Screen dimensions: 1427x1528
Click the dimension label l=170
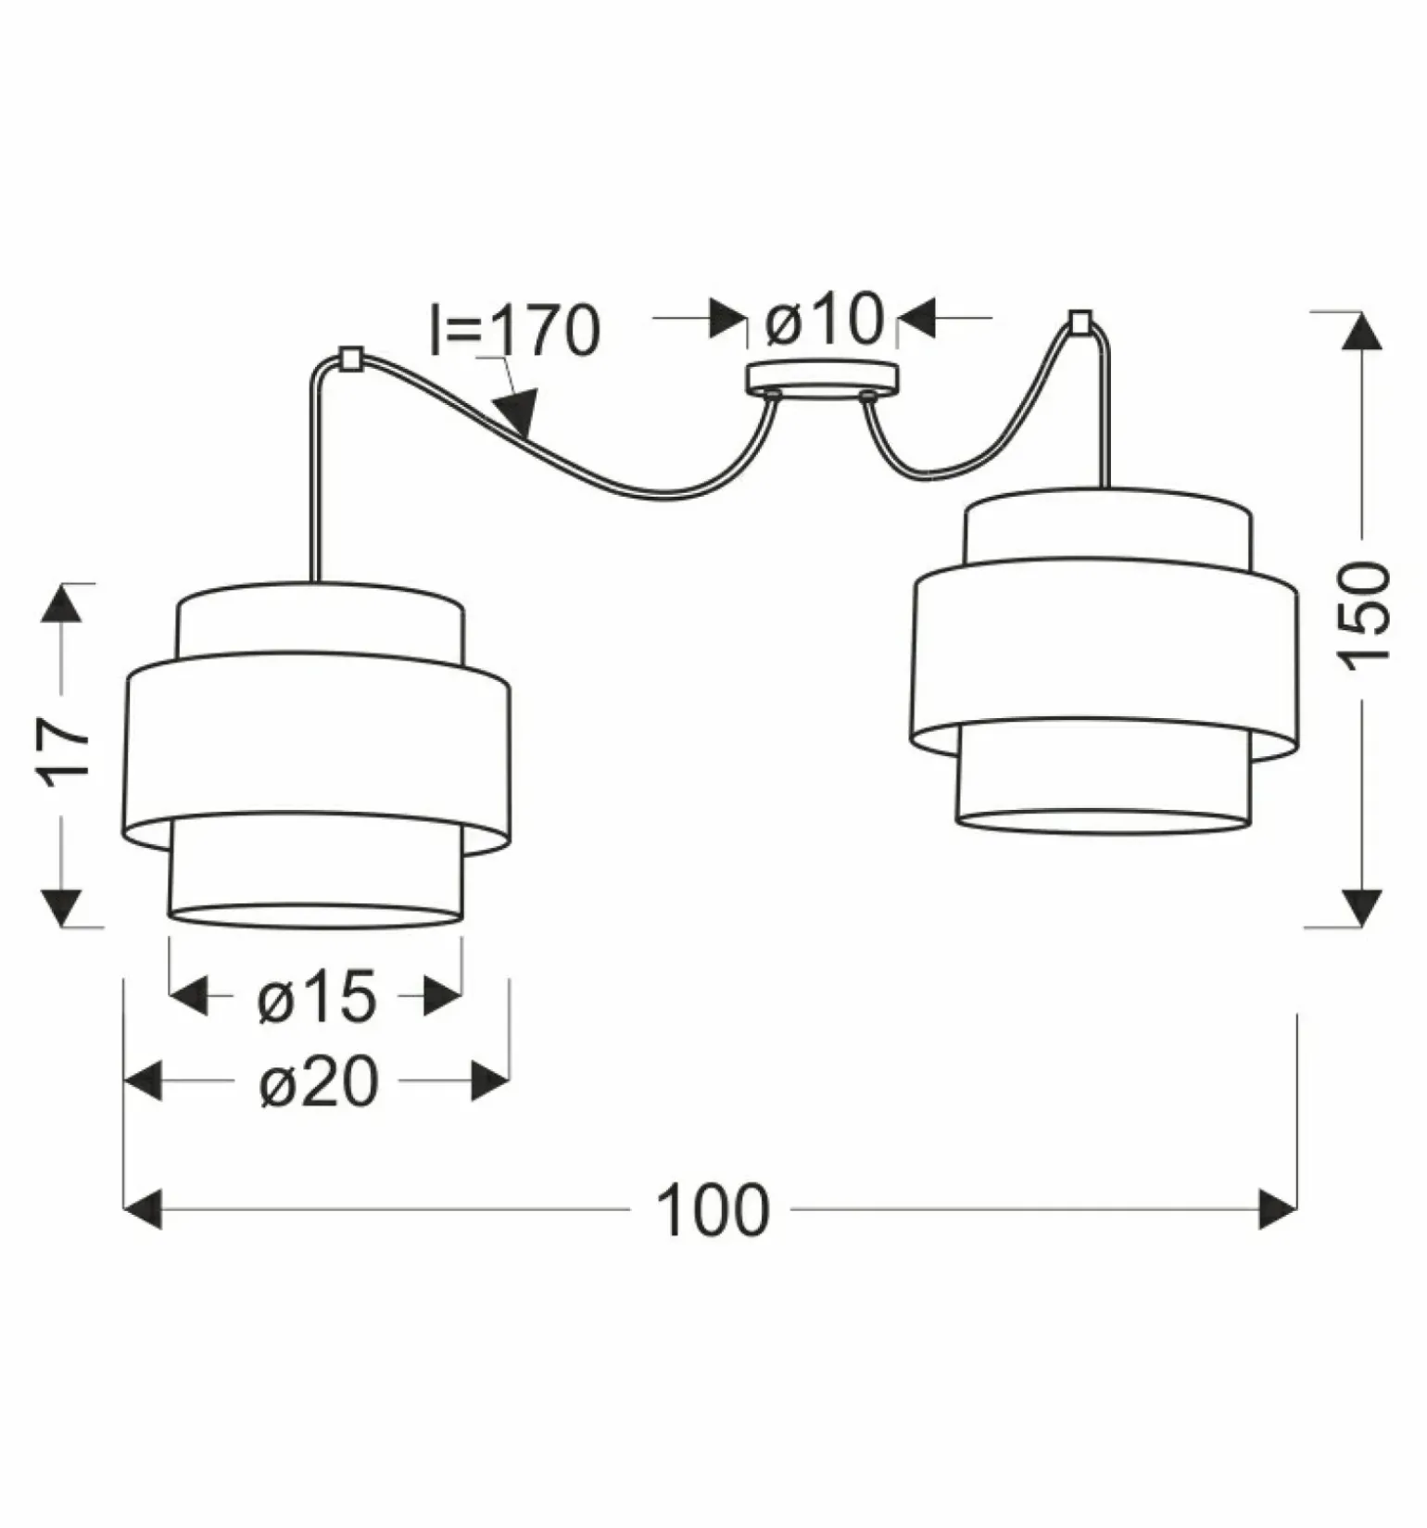(515, 330)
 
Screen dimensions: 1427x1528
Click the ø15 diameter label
(317, 997)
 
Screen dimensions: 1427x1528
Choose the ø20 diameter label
(319, 1081)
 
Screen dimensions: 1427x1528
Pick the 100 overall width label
(713, 1210)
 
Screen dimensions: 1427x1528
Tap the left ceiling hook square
(351, 358)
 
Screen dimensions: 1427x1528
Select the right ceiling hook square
(1080, 322)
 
